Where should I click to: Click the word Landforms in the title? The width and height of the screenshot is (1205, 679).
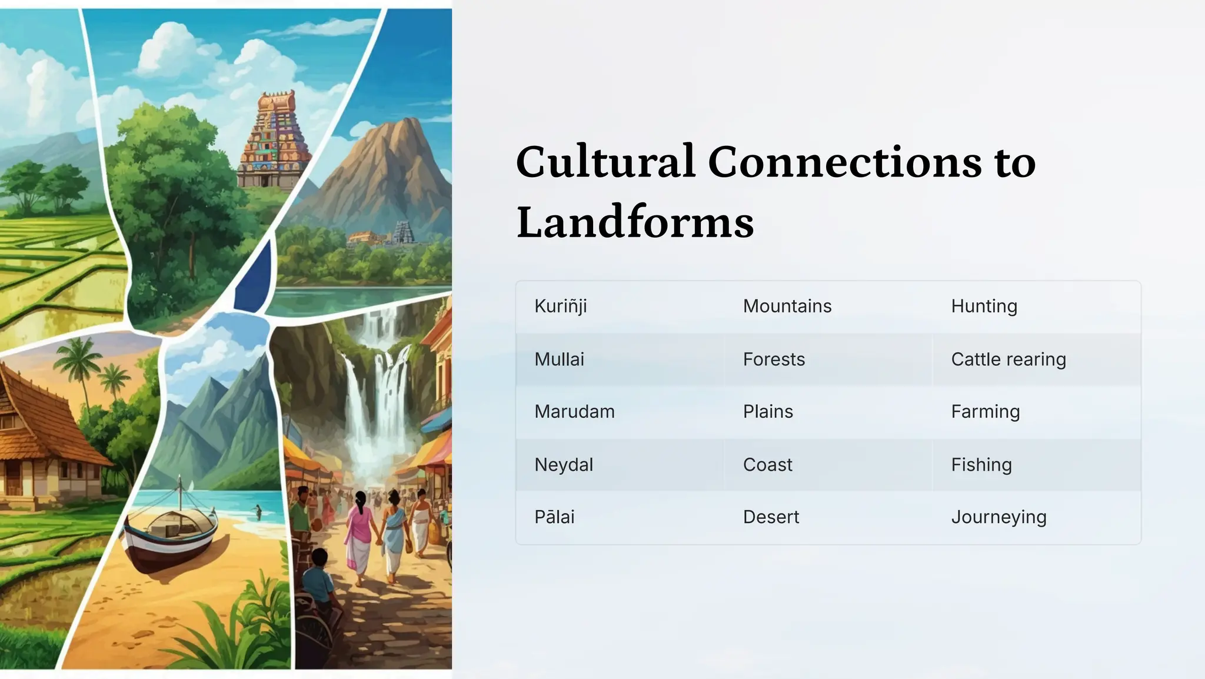tap(635, 222)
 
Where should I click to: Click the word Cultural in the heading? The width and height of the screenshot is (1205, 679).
tap(605, 162)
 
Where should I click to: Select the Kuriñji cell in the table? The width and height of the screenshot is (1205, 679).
tap(560, 307)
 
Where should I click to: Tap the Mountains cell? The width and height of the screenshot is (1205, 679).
tap(787, 307)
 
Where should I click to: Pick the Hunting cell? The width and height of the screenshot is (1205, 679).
tap(984, 307)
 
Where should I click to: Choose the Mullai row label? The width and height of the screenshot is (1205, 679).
tap(559, 360)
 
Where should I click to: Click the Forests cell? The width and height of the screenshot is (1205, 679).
tap(774, 360)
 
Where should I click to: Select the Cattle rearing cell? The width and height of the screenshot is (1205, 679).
tap(1008, 360)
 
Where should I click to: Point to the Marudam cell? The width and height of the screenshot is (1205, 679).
tap(574, 412)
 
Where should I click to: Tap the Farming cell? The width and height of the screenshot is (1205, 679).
tap(985, 412)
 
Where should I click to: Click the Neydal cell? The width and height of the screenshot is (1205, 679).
tap(563, 465)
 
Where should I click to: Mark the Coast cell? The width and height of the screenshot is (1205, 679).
tap(767, 465)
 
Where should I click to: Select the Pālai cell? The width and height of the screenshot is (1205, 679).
tap(554, 517)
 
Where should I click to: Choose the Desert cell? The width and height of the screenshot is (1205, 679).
tap(771, 517)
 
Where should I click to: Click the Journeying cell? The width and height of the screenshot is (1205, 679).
tap(998, 517)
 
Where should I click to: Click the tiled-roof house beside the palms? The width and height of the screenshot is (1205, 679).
tap(41, 435)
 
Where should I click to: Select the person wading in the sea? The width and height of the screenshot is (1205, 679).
tap(258, 512)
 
